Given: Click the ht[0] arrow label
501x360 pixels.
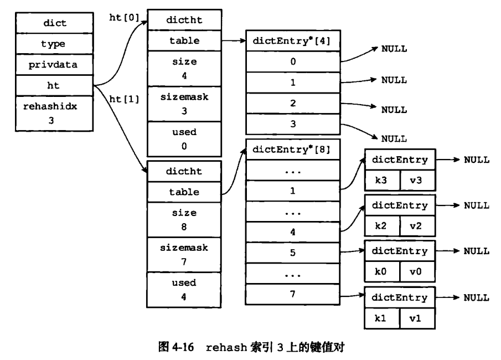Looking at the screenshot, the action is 125,17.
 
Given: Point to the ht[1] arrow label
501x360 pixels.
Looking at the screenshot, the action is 125,99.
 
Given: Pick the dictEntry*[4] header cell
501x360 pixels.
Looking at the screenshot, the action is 293,40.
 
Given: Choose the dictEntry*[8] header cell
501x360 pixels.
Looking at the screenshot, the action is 293,150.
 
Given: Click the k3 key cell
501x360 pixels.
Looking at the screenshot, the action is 382,181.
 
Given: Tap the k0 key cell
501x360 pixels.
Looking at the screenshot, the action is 382,271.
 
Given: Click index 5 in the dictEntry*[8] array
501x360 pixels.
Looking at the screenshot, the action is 293,253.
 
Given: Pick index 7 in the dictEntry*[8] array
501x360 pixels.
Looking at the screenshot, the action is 293,294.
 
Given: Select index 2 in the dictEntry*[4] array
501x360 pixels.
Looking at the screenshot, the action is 293,103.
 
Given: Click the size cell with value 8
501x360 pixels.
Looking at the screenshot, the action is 184,220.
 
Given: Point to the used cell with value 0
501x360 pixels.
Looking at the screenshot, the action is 184,139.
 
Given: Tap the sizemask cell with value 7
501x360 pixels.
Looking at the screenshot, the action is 184,255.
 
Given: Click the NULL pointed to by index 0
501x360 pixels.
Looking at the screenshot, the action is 394,49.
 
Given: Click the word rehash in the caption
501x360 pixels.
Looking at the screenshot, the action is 226,347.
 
